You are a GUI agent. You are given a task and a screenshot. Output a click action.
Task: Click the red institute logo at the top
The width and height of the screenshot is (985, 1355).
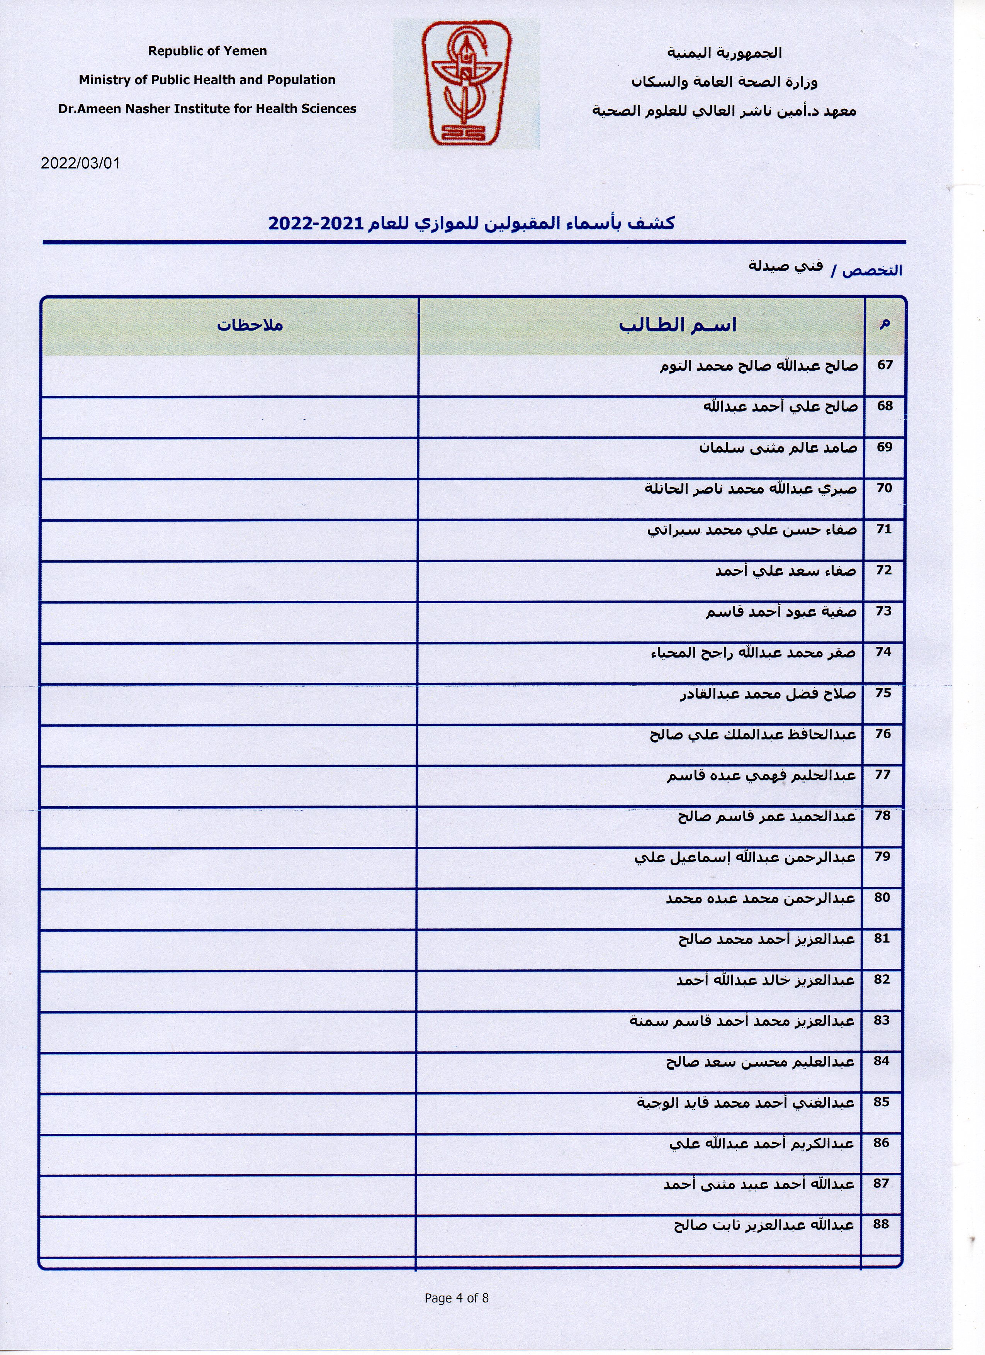[467, 84]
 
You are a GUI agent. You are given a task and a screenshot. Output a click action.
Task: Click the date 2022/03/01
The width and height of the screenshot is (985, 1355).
[80, 163]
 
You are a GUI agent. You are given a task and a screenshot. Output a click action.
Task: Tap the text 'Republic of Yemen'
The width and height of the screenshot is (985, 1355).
[207, 51]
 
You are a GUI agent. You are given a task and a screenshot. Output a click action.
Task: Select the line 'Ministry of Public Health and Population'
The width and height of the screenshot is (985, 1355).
[207, 80]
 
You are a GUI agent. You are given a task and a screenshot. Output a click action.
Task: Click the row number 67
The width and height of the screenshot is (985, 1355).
[885, 365]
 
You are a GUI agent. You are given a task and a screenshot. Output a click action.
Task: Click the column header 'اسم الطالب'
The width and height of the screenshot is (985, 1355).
[677, 326]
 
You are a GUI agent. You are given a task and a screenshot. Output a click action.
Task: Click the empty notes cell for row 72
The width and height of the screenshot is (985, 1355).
[230, 581]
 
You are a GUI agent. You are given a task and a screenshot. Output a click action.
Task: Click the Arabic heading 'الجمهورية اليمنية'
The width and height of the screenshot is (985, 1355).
[724, 53]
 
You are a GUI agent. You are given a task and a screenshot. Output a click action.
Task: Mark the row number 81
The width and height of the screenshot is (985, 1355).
[882, 939]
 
